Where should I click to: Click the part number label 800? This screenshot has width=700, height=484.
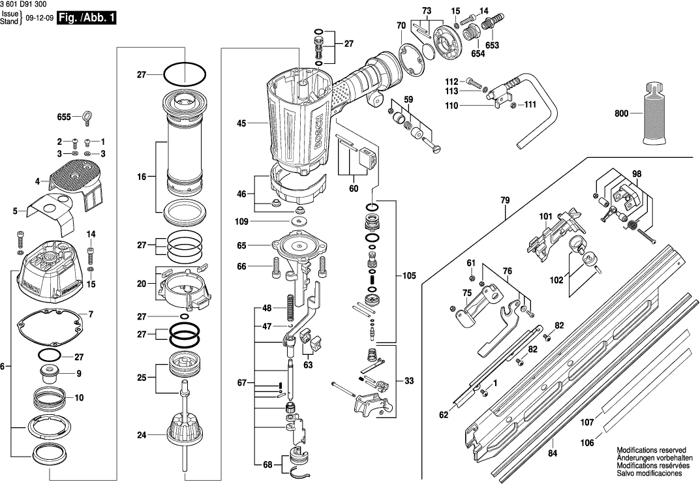click(622, 113)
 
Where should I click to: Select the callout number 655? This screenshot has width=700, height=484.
click(63, 117)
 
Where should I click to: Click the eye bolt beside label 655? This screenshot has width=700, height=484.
click(86, 119)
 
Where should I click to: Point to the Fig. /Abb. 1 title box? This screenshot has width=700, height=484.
click(87, 18)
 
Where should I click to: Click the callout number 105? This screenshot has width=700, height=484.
click(408, 276)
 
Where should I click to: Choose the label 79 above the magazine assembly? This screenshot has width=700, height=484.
click(505, 201)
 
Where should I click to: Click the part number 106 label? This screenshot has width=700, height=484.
click(587, 442)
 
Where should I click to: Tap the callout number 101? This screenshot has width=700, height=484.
click(545, 215)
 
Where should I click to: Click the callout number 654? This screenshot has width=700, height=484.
click(478, 54)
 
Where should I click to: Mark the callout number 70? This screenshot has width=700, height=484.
click(401, 25)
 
